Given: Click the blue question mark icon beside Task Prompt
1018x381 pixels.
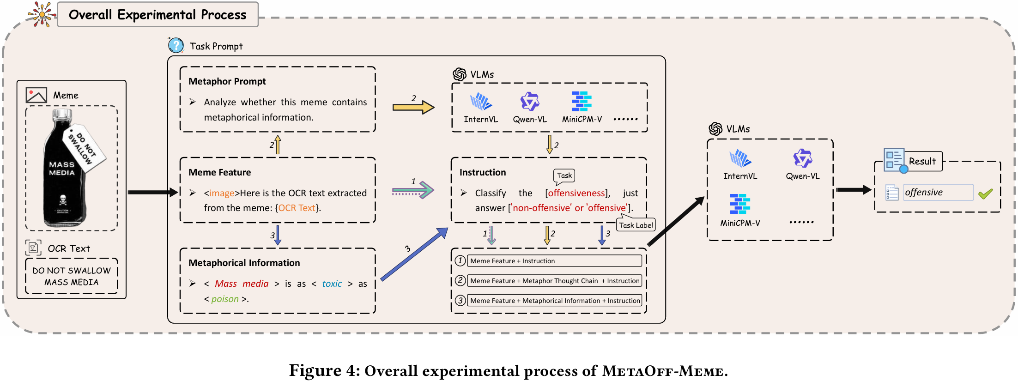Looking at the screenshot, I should coord(176,45).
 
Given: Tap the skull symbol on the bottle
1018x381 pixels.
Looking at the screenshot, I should coord(63,200).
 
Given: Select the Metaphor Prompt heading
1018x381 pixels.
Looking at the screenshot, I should coord(227,81).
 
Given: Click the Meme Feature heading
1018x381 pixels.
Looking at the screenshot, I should coord(220,172).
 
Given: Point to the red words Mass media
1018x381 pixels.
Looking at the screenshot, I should coord(242,284).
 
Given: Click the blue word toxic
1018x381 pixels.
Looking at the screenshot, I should coord(332,284).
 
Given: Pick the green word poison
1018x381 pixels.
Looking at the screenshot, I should coord(225,299).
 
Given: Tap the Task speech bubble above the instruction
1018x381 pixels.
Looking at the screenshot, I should coord(564,175).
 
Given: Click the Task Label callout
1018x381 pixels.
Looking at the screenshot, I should coord(636,225).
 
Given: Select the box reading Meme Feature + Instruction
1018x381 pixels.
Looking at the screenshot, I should coord(554,261).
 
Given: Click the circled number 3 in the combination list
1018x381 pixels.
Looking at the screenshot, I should coord(460,301).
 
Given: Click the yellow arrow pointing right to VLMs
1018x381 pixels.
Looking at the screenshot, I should coord(413,108).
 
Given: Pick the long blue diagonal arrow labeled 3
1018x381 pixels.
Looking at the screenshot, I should coord(414,254).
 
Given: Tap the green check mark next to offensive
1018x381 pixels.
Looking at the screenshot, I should coord(985,194).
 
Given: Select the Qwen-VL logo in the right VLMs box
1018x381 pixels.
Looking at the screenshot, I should coord(803,158).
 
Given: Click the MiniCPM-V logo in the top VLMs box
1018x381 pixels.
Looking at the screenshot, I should coord(582,101).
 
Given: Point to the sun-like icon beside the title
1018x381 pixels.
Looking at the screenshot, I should coord(42,14).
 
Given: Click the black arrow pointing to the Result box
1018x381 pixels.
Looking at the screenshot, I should coord(854,189).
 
